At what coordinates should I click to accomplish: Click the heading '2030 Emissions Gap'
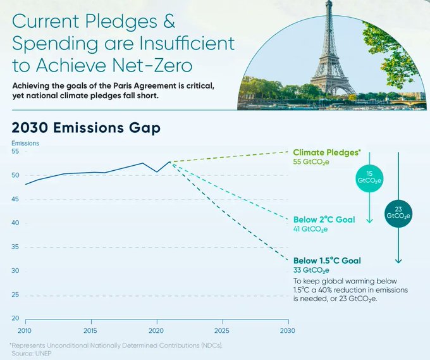[x=86, y=127]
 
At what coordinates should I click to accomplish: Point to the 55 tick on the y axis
[x=15, y=152]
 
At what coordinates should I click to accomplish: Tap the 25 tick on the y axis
[x=15, y=295]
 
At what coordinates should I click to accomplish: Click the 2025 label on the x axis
[x=222, y=331]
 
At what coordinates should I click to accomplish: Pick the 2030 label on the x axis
[x=288, y=331]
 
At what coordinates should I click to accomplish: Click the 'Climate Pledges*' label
[x=327, y=152]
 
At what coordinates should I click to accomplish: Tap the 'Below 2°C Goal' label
[x=324, y=220]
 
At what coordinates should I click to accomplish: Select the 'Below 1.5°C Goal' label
[x=327, y=260]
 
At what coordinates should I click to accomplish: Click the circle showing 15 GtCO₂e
[x=369, y=177]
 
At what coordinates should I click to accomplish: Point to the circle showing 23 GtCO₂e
[x=398, y=212]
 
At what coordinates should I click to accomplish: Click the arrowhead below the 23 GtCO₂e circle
[x=398, y=261]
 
